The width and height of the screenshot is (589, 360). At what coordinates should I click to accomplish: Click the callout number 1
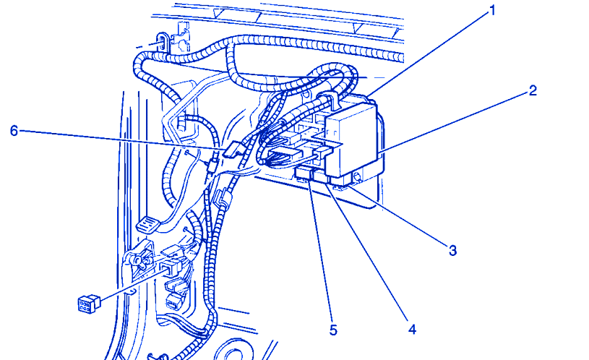[x=492, y=11]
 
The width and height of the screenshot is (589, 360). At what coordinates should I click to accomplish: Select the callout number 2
[x=533, y=90]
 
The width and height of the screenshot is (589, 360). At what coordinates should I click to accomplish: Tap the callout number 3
[x=452, y=250]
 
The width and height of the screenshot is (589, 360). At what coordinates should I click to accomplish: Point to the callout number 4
[x=412, y=330]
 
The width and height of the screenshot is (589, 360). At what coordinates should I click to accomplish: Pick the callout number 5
[x=333, y=330]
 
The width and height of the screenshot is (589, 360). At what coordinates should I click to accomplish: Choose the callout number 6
[x=14, y=131]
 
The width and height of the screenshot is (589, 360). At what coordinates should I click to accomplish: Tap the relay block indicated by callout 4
[x=321, y=176]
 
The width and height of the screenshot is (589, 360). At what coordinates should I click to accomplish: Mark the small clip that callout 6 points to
[x=232, y=150]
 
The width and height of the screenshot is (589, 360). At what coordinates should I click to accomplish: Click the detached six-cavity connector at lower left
[x=89, y=303]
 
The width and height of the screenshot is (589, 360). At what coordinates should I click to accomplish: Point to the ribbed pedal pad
[x=147, y=225]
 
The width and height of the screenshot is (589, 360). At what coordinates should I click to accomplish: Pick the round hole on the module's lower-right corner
[x=357, y=176]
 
